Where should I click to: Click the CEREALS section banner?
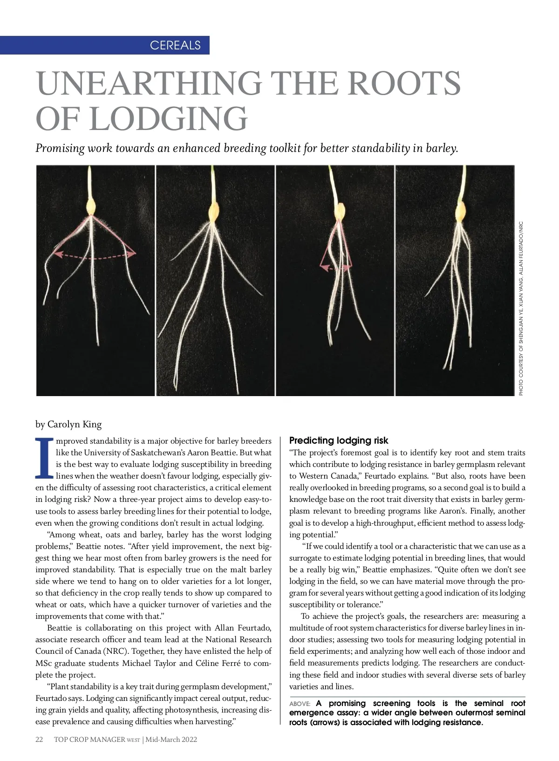[x=175, y=45]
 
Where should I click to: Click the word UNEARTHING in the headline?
[x=149, y=83]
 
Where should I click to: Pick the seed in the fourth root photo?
[x=461, y=213]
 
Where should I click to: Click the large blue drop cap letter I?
[x=44, y=459]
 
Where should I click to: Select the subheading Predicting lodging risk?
[x=339, y=440]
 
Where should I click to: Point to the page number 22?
[x=40, y=740]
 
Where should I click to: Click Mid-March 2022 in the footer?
[x=171, y=740]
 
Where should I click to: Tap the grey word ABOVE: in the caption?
[x=300, y=704]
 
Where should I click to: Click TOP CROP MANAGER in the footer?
[x=89, y=740]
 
